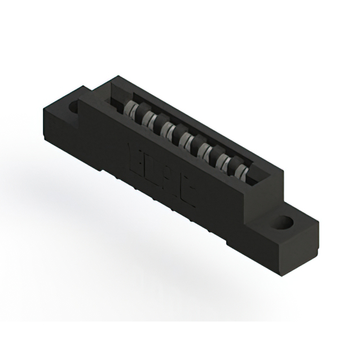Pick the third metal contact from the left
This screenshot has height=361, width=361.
pyautogui.click(x=168, y=130)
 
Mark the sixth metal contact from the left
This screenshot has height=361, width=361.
pyautogui.click(x=223, y=160)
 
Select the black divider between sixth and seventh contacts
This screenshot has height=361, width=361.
pyautogui.click(x=232, y=165)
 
